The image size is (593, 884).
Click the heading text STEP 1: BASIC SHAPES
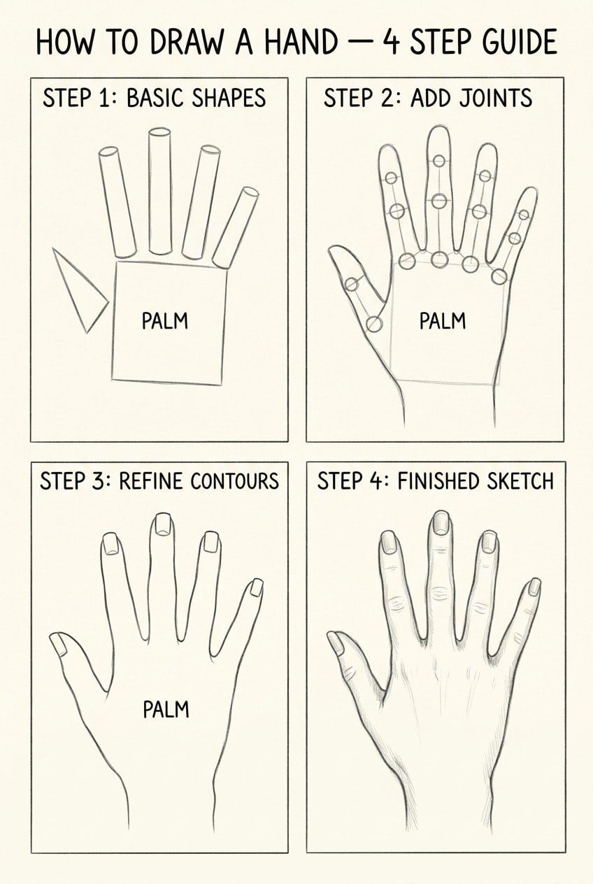tap(154, 98)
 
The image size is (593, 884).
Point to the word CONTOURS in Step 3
tap(234, 481)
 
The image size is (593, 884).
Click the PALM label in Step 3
tap(166, 709)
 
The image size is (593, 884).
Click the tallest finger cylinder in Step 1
tap(160, 192)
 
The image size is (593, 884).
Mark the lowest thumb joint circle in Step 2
tap(374, 324)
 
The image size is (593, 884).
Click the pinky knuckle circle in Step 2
tap(499, 277)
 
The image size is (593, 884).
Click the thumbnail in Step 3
tap(59, 644)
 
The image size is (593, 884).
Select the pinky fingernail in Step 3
tap(256, 587)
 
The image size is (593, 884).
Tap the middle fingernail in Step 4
tap(441, 522)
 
